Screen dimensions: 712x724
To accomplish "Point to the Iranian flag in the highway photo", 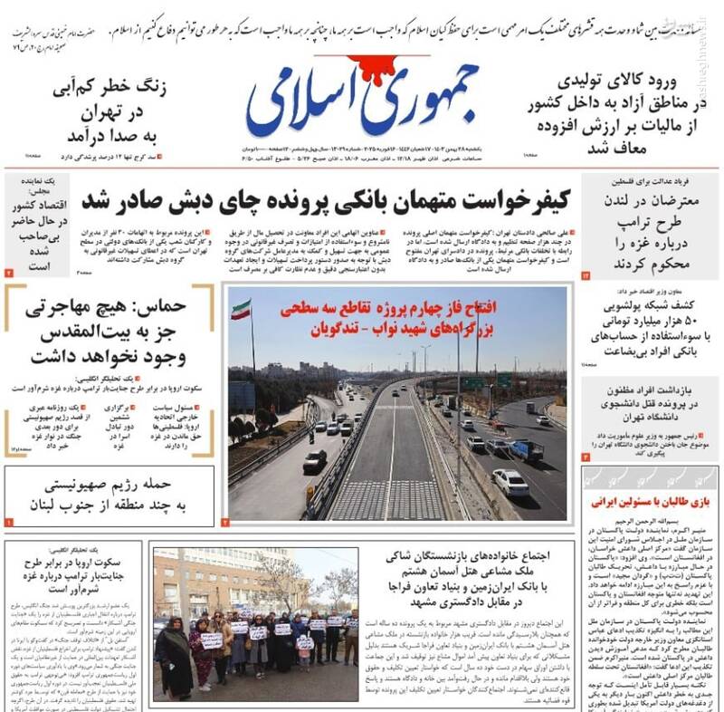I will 242,310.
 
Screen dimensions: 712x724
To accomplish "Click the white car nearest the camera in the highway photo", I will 510,481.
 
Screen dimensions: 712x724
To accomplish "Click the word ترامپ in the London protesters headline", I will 643,223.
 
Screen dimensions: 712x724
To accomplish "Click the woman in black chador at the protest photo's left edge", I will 171,656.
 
